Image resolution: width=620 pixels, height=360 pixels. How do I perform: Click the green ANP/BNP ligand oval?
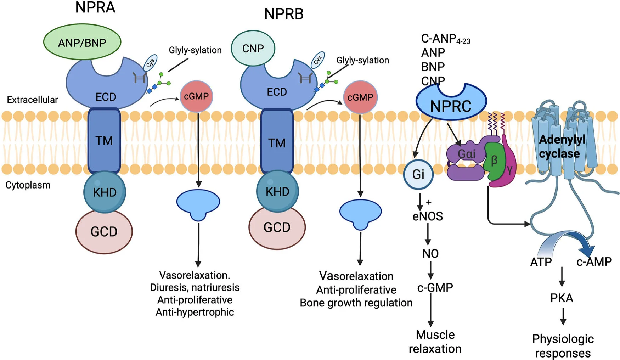tap(82, 42)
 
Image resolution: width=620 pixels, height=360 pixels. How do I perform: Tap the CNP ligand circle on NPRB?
tap(253, 48)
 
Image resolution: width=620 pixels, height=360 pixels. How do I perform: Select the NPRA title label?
tap(95, 7)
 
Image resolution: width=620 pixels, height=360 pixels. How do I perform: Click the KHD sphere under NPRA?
tap(105, 192)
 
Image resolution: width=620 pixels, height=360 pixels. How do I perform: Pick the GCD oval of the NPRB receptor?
tap(277, 227)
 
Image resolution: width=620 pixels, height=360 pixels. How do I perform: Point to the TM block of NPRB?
tap(277, 142)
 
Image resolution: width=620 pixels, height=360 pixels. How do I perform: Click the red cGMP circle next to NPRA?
tap(196, 96)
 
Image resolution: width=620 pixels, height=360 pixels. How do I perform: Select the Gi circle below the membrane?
tap(418, 174)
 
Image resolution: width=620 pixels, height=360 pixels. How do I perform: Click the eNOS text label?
tap(428, 216)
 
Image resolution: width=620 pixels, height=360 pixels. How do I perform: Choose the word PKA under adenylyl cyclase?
tap(562, 298)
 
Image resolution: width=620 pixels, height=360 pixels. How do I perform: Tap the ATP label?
tap(541, 262)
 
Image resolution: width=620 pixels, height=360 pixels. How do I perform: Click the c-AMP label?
tap(594, 262)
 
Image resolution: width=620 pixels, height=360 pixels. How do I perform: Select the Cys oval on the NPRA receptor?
tap(150, 63)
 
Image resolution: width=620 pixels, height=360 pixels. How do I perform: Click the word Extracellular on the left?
tap(32, 100)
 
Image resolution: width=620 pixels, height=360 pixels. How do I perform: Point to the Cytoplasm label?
tap(28, 185)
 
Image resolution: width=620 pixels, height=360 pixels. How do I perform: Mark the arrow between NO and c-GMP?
tap(431, 270)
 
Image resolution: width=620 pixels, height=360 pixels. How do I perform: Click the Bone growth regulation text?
tap(356, 303)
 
